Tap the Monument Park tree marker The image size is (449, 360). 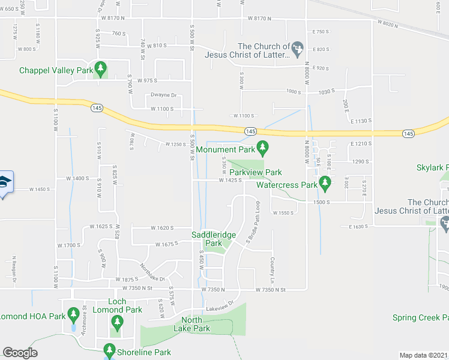pos(262,146)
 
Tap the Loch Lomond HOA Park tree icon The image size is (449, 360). pos(73,313)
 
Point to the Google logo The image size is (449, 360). pos(20,353)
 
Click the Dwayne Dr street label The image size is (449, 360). pos(163,95)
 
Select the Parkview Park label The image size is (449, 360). pos(255,172)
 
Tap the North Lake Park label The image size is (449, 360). pos(192,324)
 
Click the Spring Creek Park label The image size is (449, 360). pos(420,317)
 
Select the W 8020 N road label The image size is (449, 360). pos(388,24)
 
